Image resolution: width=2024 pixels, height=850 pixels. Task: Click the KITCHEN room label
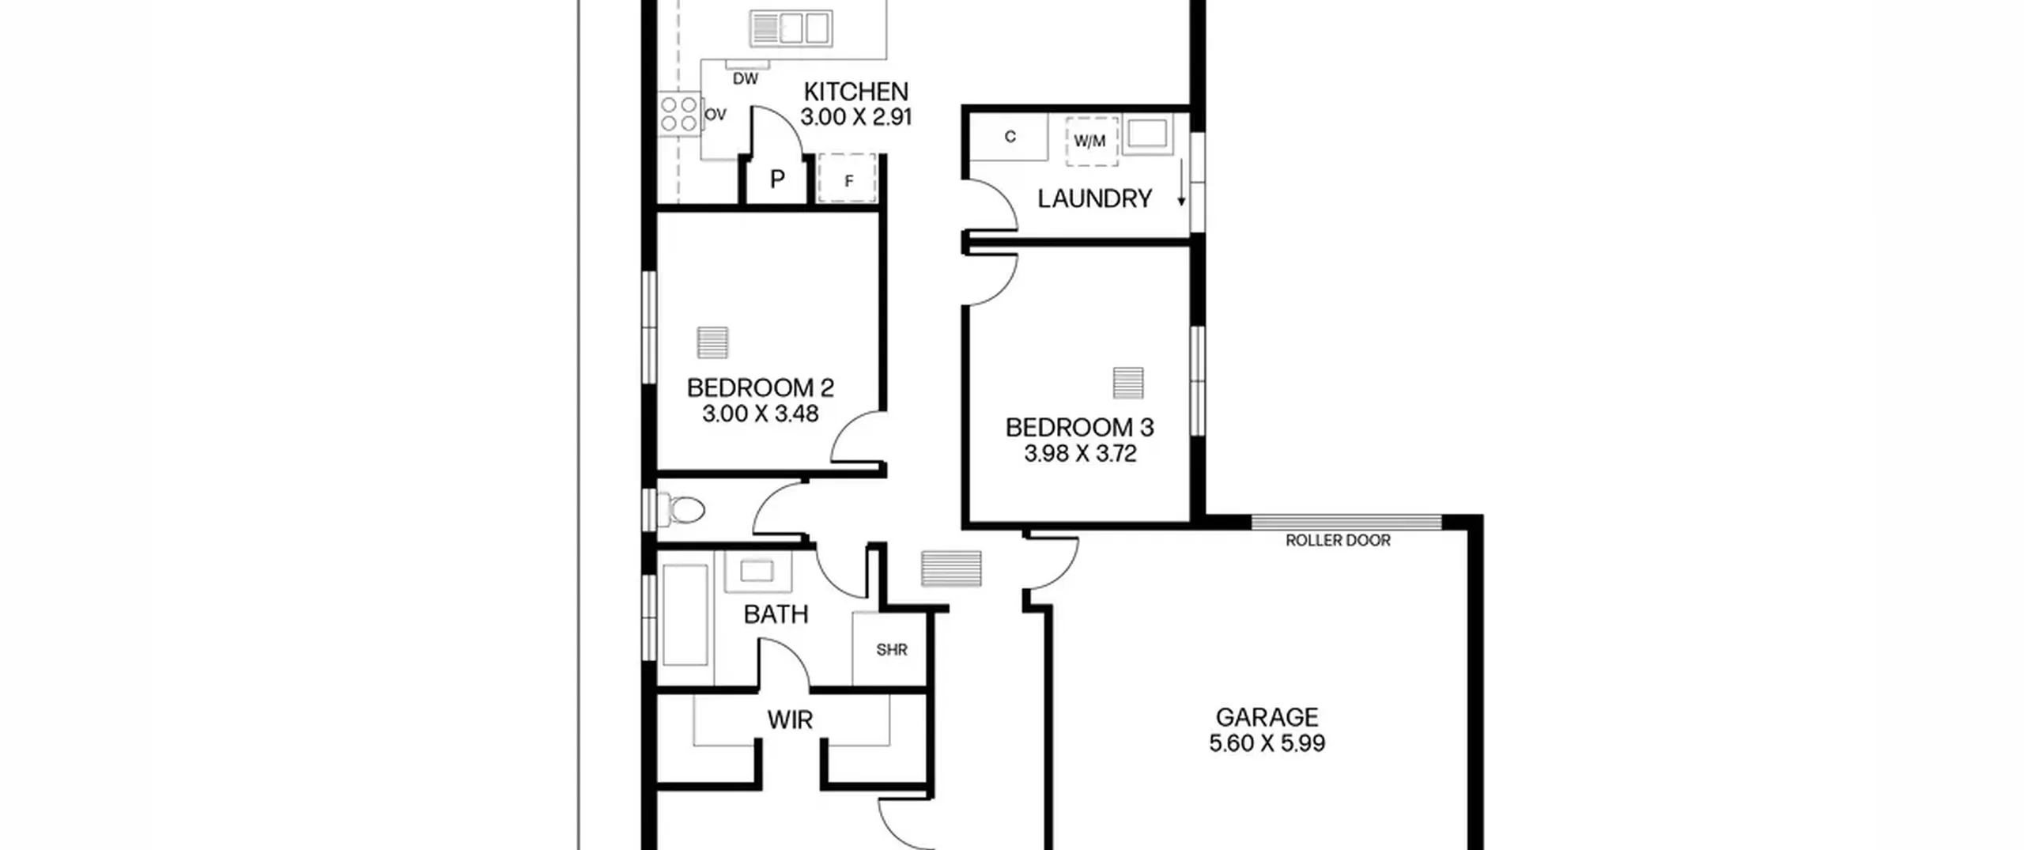855,92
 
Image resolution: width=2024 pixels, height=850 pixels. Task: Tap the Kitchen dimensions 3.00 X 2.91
855,117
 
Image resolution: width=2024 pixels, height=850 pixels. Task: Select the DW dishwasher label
745,79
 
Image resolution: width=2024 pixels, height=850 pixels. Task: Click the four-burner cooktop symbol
679,115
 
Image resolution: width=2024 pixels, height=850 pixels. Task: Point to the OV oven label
715,115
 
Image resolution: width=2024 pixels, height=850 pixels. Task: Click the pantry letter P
777,179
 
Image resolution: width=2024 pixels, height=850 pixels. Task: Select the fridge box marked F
847,178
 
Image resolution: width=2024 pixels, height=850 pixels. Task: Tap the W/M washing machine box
1091,142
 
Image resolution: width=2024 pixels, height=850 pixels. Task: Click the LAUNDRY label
1094,198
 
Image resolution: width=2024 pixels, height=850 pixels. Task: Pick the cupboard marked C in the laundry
1010,137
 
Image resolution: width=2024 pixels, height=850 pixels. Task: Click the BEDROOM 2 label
760,388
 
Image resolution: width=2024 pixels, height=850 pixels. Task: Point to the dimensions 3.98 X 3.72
1080,454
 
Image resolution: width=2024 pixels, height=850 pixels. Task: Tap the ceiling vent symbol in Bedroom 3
1128,383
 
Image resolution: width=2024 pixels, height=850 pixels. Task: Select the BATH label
776,614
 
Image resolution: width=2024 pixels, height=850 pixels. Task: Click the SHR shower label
891,650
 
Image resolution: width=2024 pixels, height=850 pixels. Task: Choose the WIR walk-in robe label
790,720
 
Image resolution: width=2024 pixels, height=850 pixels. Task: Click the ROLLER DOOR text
1338,541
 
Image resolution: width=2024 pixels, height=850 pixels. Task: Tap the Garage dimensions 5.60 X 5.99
1267,743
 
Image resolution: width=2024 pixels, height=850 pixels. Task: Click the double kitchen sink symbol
791,28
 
